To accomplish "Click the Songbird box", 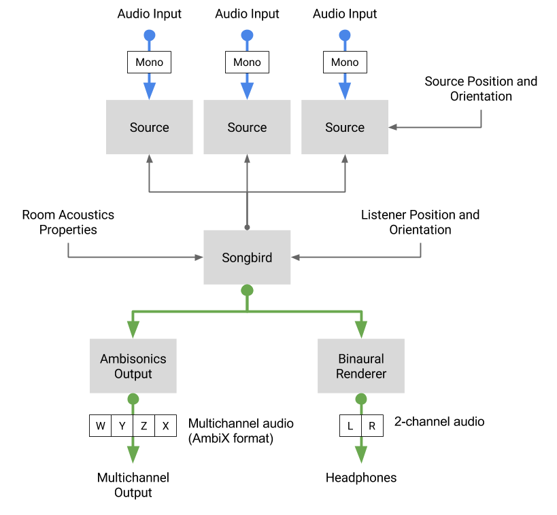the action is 247,257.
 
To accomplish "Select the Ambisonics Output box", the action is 133,366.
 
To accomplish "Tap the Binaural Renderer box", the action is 361,366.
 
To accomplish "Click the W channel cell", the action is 101,425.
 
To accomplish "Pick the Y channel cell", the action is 122,425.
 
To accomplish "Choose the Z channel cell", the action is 144,425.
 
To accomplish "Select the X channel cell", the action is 165,425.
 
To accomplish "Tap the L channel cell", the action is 350,425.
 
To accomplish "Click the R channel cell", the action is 372,425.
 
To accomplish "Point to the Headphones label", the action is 361,478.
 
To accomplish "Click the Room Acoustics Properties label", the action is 68,222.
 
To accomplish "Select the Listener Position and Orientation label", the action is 420,222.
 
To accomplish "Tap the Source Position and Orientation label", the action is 481,89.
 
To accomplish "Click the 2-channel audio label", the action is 439,422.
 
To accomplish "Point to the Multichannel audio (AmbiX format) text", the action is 241,431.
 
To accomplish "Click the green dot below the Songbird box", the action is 247,290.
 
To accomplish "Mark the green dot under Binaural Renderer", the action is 361,399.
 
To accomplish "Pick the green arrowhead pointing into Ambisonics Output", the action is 133,330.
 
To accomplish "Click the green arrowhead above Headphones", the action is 361,455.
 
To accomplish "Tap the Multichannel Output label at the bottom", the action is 133,485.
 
